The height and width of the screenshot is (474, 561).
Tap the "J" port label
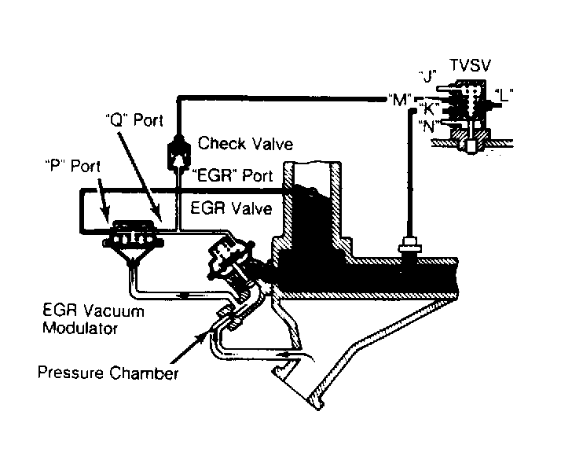pos(427,77)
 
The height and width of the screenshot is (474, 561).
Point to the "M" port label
pos(397,99)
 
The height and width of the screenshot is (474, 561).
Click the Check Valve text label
pos(245,143)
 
